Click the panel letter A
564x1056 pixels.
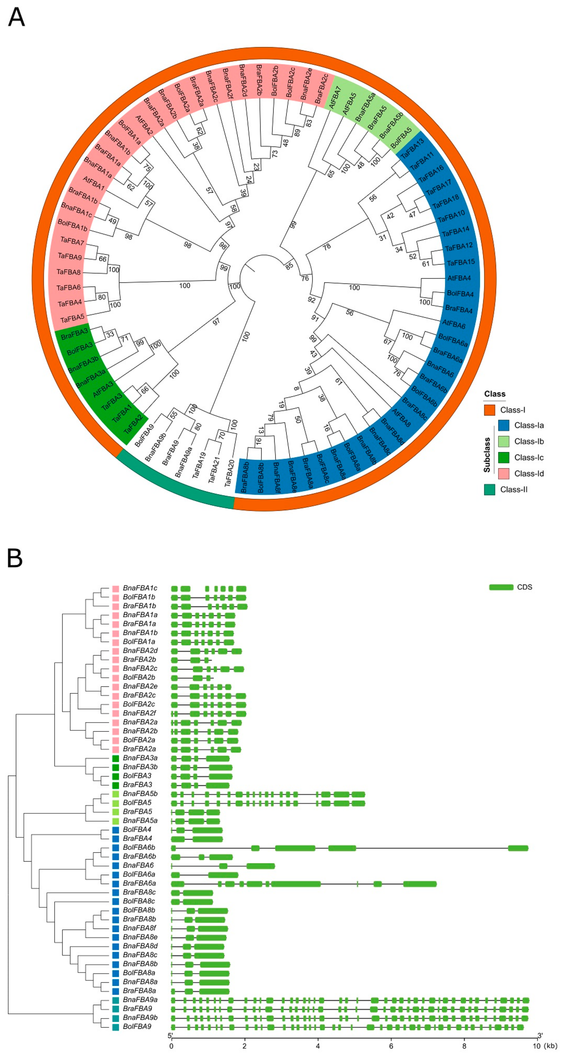click(x=16, y=18)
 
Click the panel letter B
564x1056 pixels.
click(x=15, y=558)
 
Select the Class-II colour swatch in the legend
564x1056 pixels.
click(x=490, y=489)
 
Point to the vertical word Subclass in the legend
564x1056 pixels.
click(x=487, y=455)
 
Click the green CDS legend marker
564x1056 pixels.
click(x=501, y=587)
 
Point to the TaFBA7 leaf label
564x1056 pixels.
click(x=72, y=241)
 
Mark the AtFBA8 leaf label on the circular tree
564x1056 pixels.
click(x=401, y=417)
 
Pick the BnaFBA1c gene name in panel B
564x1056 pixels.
click(x=140, y=588)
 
